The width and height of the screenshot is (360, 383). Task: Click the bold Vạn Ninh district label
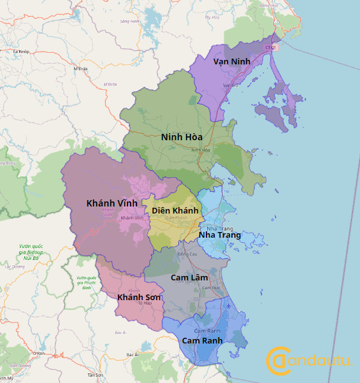(x=232, y=61)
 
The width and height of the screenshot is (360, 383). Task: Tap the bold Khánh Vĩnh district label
(x=112, y=203)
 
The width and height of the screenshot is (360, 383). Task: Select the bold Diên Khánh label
(x=175, y=210)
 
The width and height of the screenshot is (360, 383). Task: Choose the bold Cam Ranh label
(x=202, y=340)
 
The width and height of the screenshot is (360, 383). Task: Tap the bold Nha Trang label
(x=220, y=235)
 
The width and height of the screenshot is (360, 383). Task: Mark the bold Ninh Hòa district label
(x=182, y=137)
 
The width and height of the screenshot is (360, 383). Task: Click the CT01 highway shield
(x=270, y=47)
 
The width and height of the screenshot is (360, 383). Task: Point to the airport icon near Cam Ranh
(x=229, y=305)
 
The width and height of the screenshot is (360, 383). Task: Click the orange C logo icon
(x=278, y=361)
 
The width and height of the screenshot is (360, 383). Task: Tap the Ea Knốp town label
(x=21, y=51)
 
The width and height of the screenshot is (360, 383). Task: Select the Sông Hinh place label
(x=129, y=21)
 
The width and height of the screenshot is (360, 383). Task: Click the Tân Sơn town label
(x=96, y=375)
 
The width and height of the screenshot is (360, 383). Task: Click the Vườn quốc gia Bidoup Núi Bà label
(x=31, y=252)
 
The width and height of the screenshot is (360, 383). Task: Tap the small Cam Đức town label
(x=207, y=288)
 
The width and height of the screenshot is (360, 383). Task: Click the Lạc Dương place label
(x=11, y=266)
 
